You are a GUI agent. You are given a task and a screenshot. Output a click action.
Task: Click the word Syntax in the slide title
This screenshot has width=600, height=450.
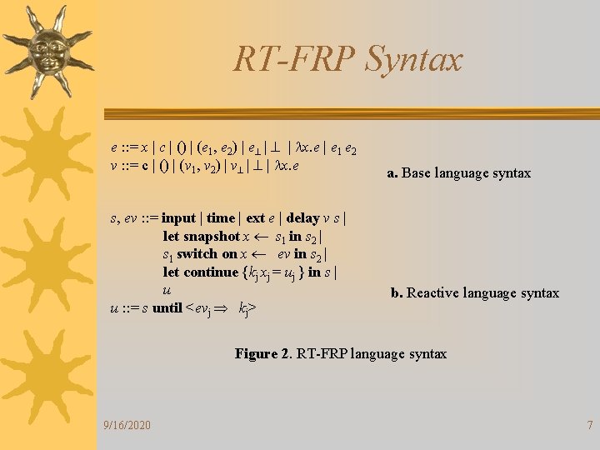[x=414, y=60]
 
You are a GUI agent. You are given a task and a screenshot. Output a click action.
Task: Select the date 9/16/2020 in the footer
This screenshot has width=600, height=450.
[x=127, y=426]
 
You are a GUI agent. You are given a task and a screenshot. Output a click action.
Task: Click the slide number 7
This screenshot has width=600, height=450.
[x=589, y=426]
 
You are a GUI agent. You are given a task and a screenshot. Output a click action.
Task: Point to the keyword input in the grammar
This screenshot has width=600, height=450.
[x=178, y=218]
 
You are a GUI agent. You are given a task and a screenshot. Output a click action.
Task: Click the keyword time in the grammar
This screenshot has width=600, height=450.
[x=221, y=218]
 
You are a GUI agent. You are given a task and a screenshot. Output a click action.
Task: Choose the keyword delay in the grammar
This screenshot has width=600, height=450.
[x=302, y=218]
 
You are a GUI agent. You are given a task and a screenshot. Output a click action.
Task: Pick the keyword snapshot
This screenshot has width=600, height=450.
[x=212, y=237]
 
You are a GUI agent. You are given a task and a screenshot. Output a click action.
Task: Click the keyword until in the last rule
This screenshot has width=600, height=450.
[x=167, y=309]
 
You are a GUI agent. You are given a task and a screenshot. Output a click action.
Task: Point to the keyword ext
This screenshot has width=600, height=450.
[x=255, y=218]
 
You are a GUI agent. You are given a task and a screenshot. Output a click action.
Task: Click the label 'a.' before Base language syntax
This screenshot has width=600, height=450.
[x=392, y=173]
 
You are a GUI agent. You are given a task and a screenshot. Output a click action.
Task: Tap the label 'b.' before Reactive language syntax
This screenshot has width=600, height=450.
[x=397, y=292]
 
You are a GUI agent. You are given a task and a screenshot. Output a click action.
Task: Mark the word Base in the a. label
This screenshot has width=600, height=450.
[x=418, y=173]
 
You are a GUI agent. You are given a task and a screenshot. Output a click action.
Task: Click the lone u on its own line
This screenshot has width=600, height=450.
[x=167, y=291]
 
